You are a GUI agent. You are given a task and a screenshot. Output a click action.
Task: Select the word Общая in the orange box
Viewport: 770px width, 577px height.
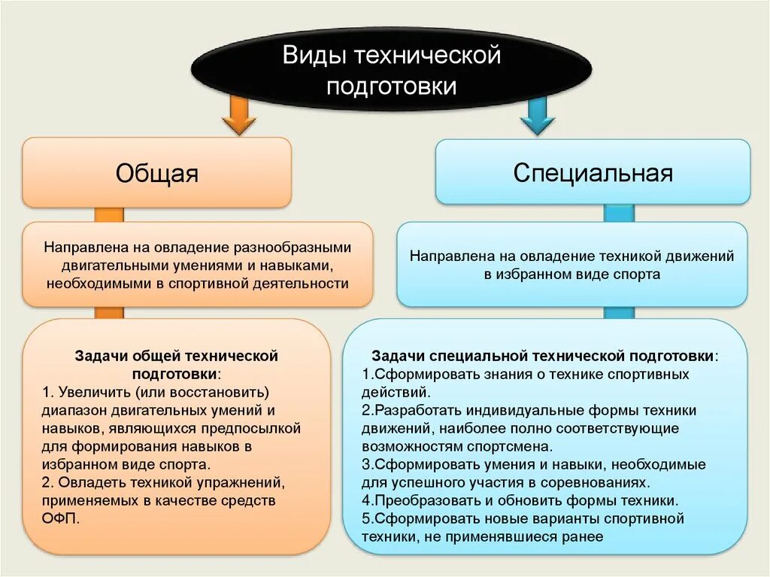156,174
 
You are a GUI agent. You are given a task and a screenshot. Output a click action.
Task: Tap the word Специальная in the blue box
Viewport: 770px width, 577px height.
593,173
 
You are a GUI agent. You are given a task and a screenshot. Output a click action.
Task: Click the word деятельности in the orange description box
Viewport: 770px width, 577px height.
305,284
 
